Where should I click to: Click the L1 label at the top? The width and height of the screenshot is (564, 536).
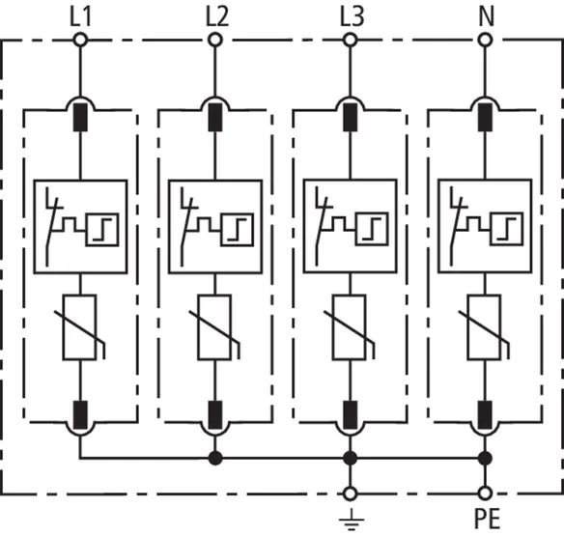click(80, 17)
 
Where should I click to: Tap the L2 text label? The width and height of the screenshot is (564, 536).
click(217, 17)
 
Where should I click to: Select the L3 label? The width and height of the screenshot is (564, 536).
click(352, 17)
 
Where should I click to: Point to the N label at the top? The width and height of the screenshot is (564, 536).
click(487, 17)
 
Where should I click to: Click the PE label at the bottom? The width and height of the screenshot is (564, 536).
click(488, 519)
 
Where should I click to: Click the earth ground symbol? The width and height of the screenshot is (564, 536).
click(352, 520)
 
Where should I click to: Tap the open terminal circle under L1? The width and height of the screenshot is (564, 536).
click(80, 40)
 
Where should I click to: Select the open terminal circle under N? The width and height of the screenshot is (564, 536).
click(485, 40)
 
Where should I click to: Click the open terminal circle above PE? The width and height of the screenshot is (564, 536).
click(485, 494)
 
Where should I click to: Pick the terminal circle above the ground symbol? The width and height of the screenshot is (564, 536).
click(350, 494)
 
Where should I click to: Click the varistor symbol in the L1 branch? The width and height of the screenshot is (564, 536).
click(80, 327)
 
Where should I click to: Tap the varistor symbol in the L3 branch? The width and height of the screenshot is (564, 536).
click(350, 327)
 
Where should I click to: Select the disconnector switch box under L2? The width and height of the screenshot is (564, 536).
click(215, 227)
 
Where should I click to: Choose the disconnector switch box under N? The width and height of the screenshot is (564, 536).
click(485, 226)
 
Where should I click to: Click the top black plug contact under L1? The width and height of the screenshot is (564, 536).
click(80, 117)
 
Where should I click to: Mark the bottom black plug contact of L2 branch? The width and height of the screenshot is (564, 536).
click(215, 414)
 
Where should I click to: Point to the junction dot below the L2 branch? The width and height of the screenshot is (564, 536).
click(215, 459)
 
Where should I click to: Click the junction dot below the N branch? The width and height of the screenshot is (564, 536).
click(485, 459)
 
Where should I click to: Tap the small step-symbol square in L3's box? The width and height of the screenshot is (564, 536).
click(372, 229)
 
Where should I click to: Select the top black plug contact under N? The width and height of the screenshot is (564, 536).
click(485, 117)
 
